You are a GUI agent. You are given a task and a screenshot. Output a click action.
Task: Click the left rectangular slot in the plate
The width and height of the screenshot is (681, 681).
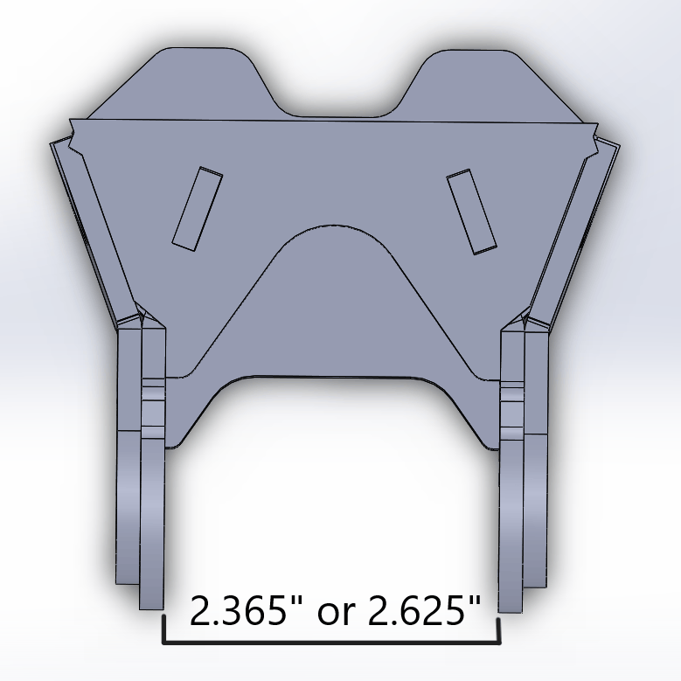(197, 209)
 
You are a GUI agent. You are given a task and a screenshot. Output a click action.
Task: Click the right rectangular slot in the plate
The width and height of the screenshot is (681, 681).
(472, 212)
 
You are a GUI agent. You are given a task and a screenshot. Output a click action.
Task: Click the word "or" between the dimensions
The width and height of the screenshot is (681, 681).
(336, 613)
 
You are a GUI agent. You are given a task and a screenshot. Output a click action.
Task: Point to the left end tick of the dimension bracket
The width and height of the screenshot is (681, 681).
(163, 629)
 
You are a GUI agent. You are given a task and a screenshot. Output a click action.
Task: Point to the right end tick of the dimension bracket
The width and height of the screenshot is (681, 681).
(498, 629)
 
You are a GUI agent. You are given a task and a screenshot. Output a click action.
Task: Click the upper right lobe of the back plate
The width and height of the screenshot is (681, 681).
(476, 83)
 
